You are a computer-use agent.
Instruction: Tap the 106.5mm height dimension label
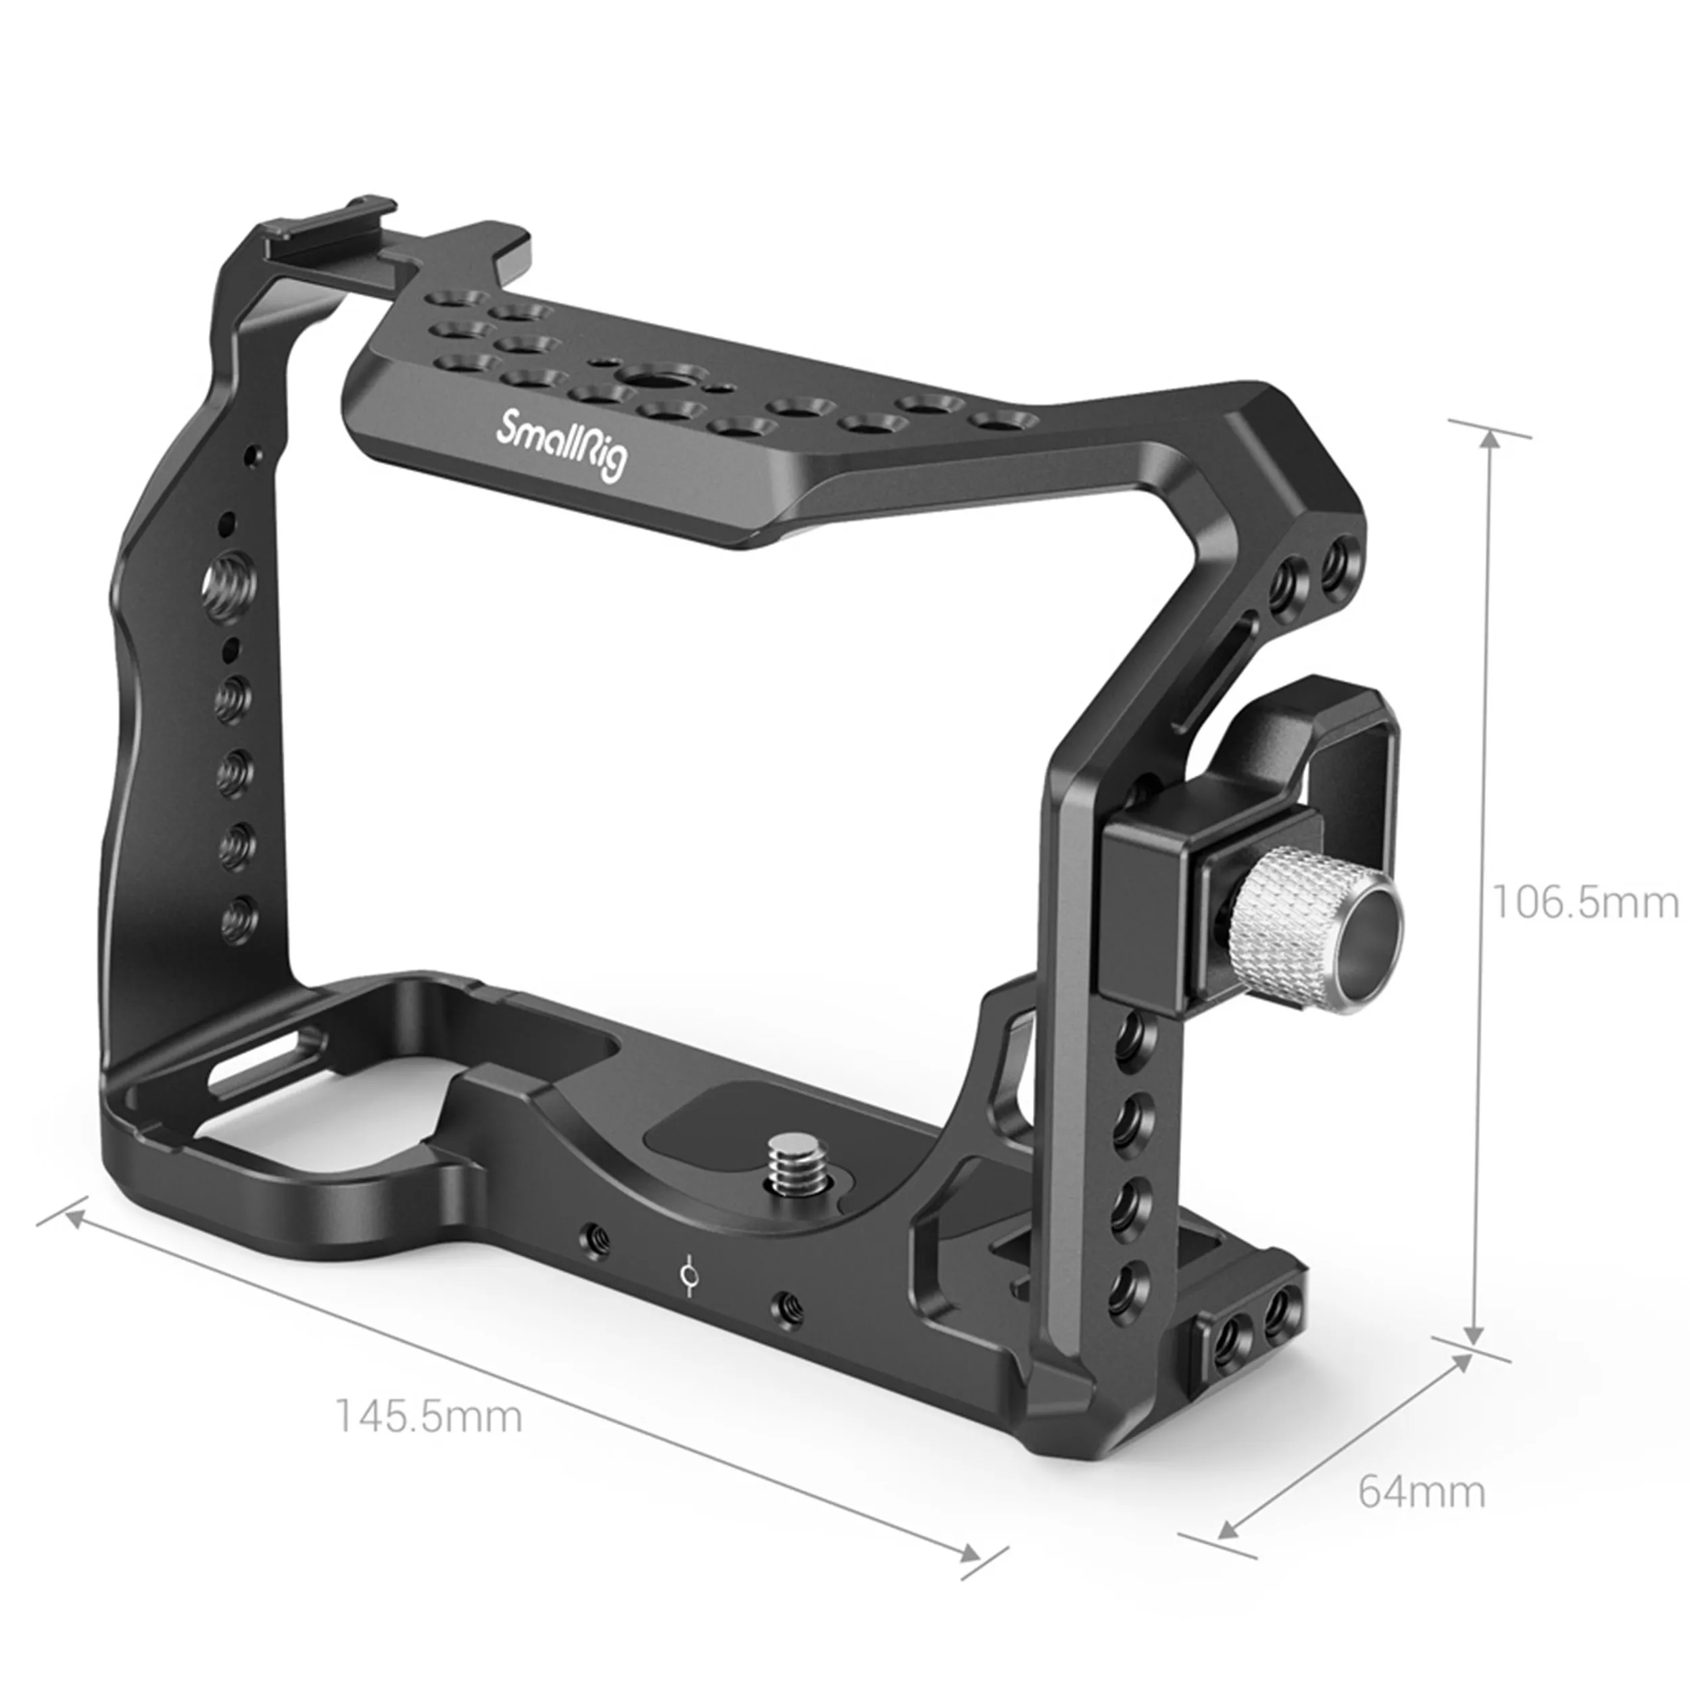(1583, 902)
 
